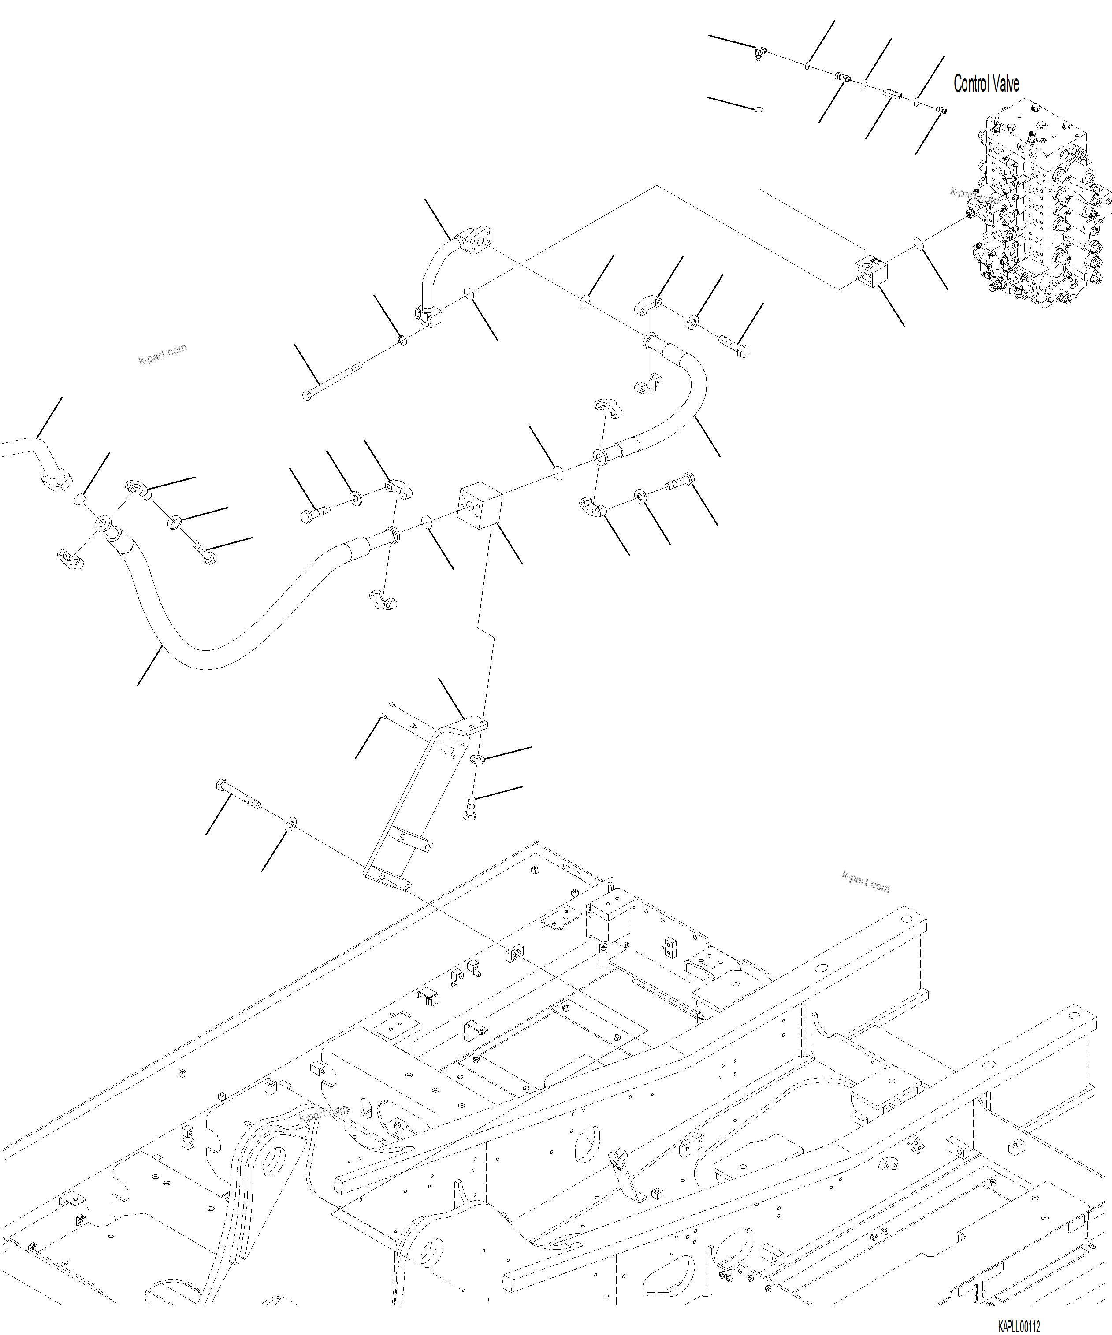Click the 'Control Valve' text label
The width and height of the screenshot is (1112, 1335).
986,84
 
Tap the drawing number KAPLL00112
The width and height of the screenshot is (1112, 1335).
1019,1327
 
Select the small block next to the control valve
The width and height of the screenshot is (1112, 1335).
870,271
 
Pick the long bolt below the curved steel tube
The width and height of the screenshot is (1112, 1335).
332,382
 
